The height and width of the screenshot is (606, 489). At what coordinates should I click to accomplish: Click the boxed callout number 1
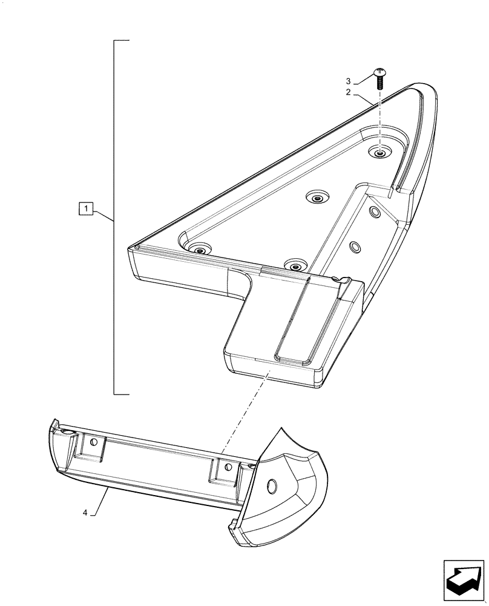(87, 210)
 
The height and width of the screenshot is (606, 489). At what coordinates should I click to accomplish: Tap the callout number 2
(348, 92)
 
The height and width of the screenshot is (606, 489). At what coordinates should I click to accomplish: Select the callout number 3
(348, 81)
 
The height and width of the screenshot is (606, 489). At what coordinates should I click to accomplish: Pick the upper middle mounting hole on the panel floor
(317, 198)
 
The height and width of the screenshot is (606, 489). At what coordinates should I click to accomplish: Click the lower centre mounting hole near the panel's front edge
(295, 265)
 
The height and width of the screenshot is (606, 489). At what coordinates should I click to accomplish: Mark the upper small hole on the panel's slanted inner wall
(375, 211)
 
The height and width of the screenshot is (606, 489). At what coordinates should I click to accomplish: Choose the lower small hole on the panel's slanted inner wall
(355, 247)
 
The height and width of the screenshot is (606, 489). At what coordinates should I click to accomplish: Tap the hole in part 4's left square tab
(94, 443)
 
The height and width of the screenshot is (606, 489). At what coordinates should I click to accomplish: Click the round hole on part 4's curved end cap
(271, 486)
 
